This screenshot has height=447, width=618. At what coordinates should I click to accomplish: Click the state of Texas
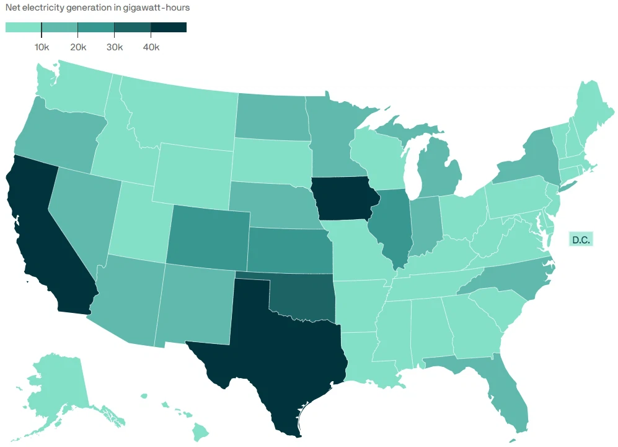click(279, 348)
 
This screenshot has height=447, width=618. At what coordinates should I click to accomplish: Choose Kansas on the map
click(288, 248)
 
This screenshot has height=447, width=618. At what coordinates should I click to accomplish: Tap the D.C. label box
click(581, 239)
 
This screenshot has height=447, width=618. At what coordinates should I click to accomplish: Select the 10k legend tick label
click(42, 48)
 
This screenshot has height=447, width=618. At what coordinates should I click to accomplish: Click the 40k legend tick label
click(151, 48)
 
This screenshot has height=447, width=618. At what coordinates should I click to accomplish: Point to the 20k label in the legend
click(78, 48)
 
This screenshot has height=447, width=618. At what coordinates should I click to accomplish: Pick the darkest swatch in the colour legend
click(169, 27)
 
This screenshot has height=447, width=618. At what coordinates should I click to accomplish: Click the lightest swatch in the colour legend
click(23, 27)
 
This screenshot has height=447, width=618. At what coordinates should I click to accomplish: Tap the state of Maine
click(595, 106)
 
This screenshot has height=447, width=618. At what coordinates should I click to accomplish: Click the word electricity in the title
click(42, 8)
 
